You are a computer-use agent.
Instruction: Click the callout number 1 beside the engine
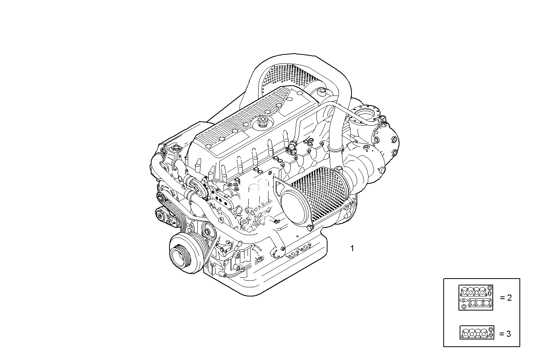click(x=352, y=248)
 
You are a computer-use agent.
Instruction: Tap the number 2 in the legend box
click(x=509, y=298)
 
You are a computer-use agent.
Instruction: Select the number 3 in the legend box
click(x=508, y=334)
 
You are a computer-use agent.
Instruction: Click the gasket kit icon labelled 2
click(x=476, y=297)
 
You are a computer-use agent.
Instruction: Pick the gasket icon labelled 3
click(x=477, y=332)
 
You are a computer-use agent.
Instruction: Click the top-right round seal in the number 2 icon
click(x=490, y=288)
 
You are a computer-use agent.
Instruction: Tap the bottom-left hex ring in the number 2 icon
click(x=463, y=306)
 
